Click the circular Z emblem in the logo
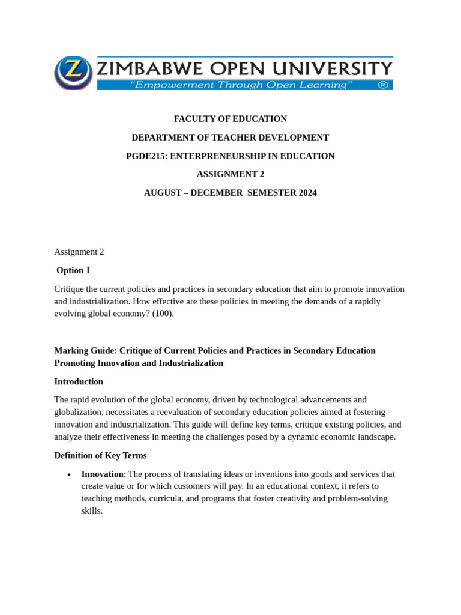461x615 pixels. pyautogui.click(x=73, y=72)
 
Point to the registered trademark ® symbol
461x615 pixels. pyautogui.click(x=382, y=85)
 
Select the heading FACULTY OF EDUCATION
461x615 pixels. pyautogui.click(x=230, y=119)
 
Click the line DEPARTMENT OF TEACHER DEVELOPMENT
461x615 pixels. pyautogui.click(x=230, y=138)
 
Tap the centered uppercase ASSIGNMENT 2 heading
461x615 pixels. pyautogui.click(x=230, y=174)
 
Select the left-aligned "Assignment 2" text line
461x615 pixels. pyautogui.click(x=79, y=252)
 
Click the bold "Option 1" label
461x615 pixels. pyautogui.click(x=73, y=270)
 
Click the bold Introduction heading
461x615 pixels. pyautogui.click(x=79, y=381)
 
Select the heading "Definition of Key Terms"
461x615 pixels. pyautogui.click(x=100, y=455)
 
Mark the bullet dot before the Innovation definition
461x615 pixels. pyautogui.click(x=70, y=475)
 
